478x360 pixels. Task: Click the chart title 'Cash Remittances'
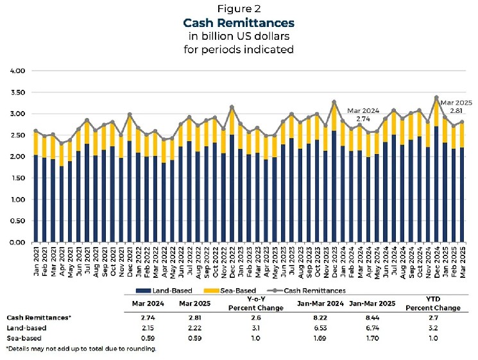pos(238,24)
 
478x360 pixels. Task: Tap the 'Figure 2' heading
pos(238,9)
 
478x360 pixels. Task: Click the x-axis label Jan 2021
pos(36,262)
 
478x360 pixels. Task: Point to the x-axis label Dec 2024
pos(436,262)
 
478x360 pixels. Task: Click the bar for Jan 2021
pos(36,193)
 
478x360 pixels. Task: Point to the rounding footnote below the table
pos(81,348)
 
